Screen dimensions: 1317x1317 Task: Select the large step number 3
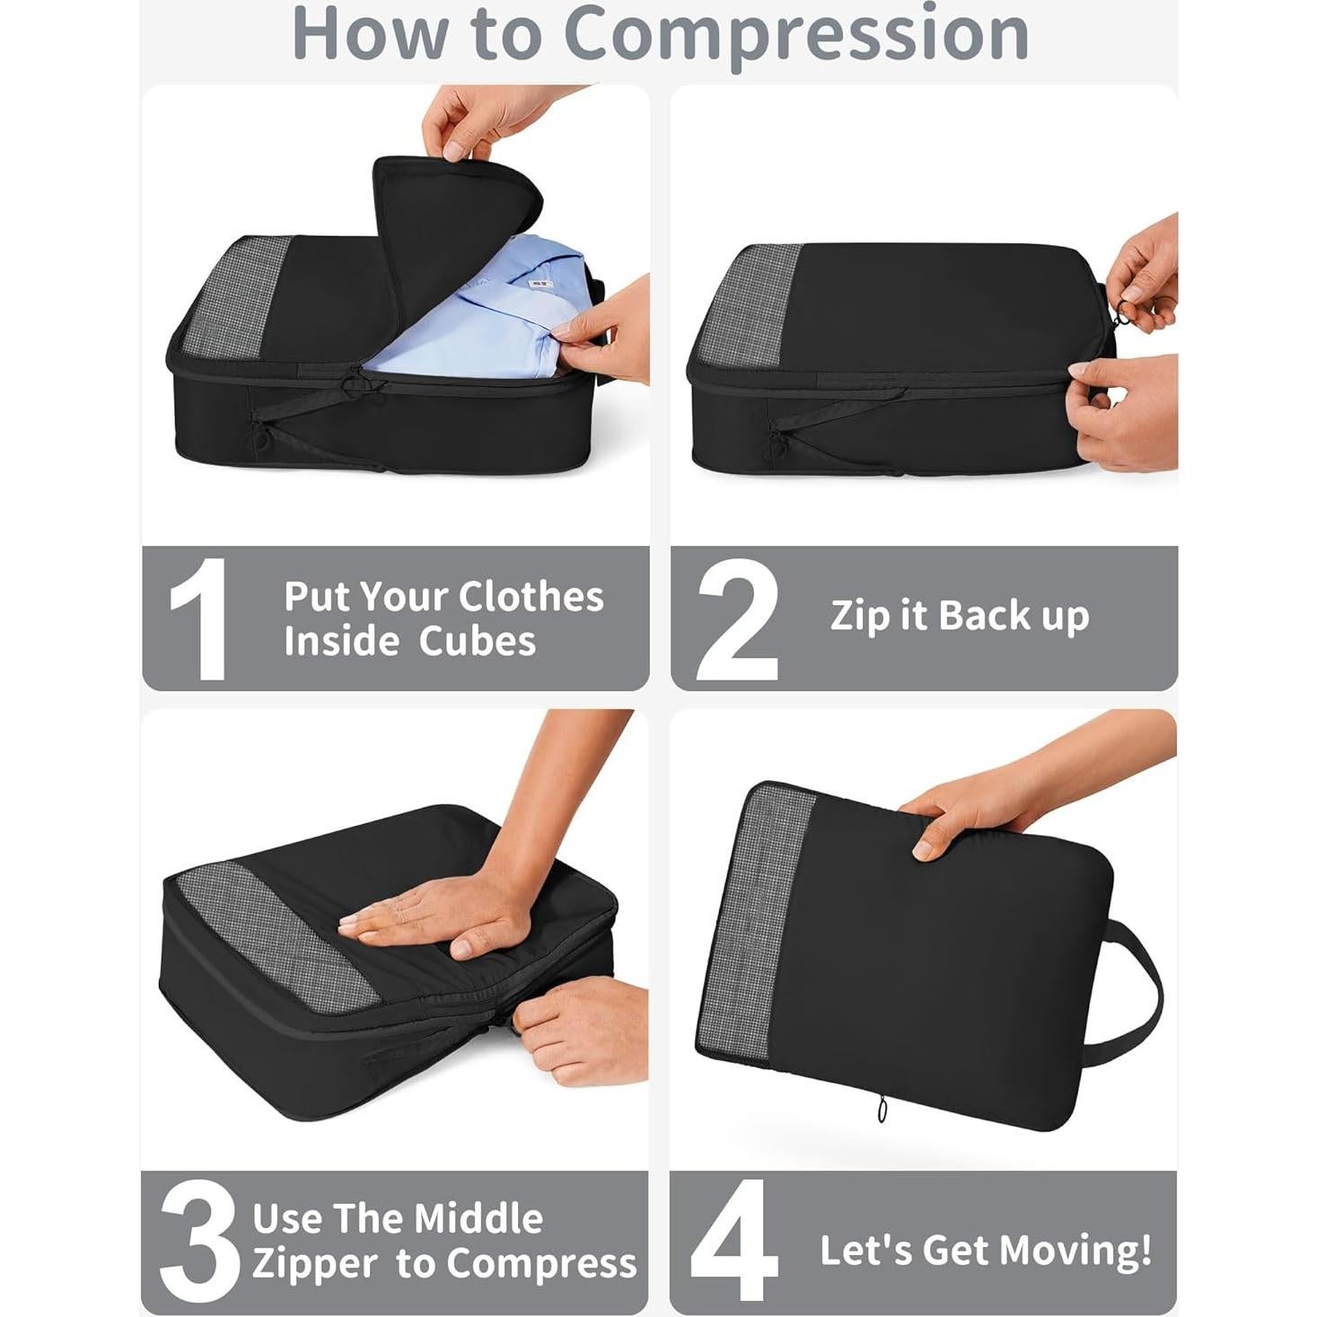199,1242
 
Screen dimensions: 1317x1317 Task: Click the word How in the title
373,34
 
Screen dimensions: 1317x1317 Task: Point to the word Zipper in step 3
314,1264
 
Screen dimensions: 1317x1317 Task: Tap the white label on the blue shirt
540,284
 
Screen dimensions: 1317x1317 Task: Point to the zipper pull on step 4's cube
882,1111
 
